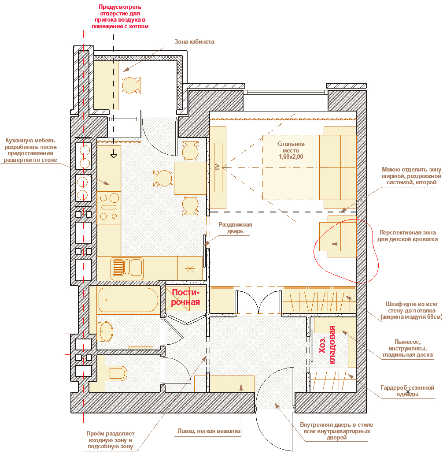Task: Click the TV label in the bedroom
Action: pyautogui.click(x=217, y=167)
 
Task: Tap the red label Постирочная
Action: pyautogui.click(x=185, y=298)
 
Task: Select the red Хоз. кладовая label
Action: pyautogui.click(x=327, y=345)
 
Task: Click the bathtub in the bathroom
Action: pyautogui.click(x=128, y=300)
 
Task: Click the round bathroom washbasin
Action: pyautogui.click(x=106, y=331)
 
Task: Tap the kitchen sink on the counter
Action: pyautogui.click(x=127, y=268)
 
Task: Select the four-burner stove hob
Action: pyautogui.click(x=109, y=207)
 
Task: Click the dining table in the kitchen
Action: pyautogui.click(x=190, y=178)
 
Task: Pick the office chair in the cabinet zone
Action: pyautogui.click(x=131, y=85)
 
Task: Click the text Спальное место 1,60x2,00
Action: pyautogui.click(x=291, y=150)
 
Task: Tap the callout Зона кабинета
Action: pyautogui.click(x=195, y=42)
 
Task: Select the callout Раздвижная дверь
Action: pyautogui.click(x=235, y=228)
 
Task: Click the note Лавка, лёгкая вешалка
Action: pyautogui.click(x=209, y=431)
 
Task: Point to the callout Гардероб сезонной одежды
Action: pyautogui.click(x=407, y=391)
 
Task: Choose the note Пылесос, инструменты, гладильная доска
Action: pyautogui.click(x=408, y=348)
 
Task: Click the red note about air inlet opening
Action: pyautogui.click(x=120, y=16)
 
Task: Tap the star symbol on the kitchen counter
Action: pyautogui.click(x=190, y=269)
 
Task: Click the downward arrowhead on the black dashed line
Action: pyautogui.click(x=114, y=156)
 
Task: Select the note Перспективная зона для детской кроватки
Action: pyautogui.click(x=407, y=236)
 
